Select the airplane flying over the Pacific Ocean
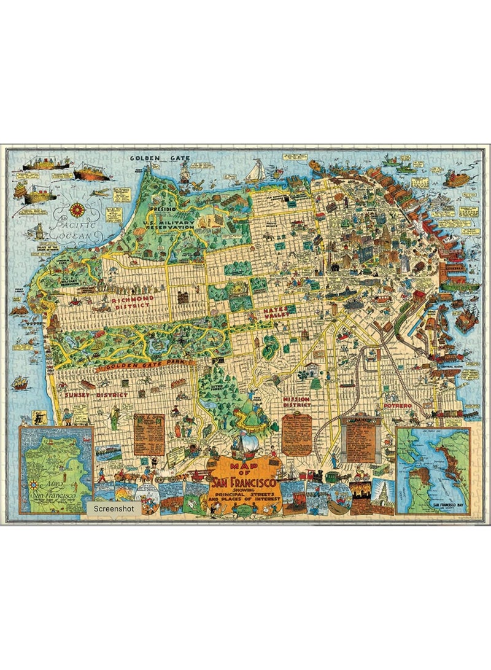[99, 192]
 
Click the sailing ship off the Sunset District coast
[21, 383]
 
